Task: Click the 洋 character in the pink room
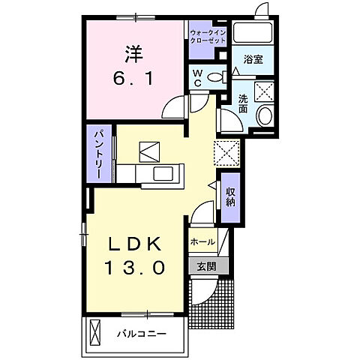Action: [x=134, y=55]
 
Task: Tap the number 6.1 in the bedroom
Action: [x=134, y=78]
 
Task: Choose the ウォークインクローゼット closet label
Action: [x=207, y=37]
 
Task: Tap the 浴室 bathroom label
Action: [x=252, y=58]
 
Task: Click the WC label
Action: [x=197, y=76]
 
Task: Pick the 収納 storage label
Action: [x=231, y=197]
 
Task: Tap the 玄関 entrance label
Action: [x=206, y=265]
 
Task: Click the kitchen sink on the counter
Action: [x=164, y=174]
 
